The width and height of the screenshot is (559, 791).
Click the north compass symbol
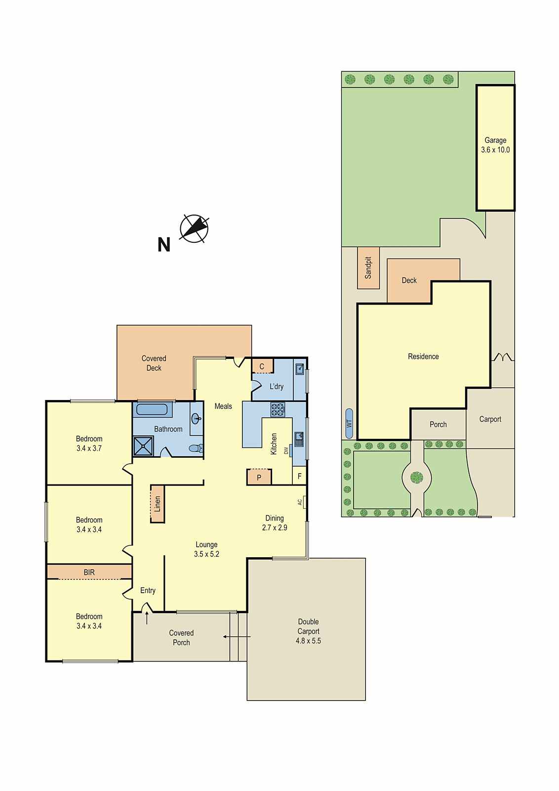click(x=194, y=228)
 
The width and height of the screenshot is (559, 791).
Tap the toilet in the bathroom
click(x=196, y=448)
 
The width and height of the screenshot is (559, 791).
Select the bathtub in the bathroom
click(x=152, y=409)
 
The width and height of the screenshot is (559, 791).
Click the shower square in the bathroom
click(x=143, y=446)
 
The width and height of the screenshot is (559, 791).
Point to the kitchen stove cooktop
click(x=278, y=409)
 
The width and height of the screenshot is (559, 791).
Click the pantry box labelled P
click(x=259, y=477)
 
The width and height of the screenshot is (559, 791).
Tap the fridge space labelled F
click(x=299, y=477)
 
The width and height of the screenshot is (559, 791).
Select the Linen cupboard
click(x=158, y=503)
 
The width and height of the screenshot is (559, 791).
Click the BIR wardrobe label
click(x=89, y=572)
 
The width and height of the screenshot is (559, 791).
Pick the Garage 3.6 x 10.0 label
click(x=495, y=145)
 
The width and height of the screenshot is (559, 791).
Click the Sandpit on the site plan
click(x=368, y=268)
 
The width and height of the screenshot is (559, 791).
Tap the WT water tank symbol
click(x=349, y=424)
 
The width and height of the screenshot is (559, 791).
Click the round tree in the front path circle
click(x=417, y=478)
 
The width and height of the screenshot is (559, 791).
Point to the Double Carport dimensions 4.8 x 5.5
click(x=308, y=641)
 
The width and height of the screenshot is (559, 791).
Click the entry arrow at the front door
click(x=147, y=617)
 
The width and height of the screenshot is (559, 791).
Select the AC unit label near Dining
click(x=300, y=502)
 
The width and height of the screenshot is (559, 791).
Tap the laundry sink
click(x=299, y=368)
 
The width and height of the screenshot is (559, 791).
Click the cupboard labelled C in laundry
click(x=262, y=366)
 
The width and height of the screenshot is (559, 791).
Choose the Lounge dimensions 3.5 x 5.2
click(x=206, y=554)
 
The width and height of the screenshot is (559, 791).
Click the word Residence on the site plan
click(x=423, y=356)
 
